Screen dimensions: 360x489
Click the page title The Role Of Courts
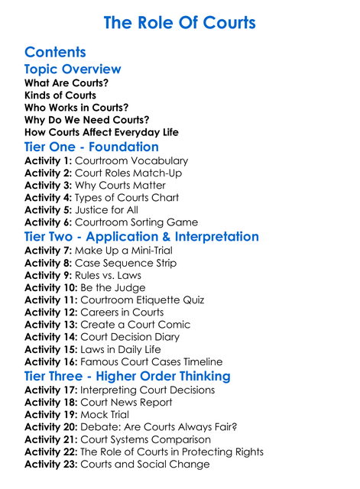(x=180, y=22)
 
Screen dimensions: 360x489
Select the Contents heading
(x=55, y=52)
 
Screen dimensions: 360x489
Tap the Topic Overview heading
(x=73, y=69)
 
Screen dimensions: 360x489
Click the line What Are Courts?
(x=66, y=83)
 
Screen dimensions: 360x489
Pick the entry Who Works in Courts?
(x=76, y=108)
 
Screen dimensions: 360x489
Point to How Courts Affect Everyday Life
(x=102, y=132)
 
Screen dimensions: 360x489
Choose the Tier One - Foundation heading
(x=92, y=147)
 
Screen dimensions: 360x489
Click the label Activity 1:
(x=48, y=161)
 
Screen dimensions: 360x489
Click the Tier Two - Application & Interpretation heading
(x=141, y=237)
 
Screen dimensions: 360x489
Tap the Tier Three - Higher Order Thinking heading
(x=127, y=376)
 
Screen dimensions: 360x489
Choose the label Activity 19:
(x=51, y=415)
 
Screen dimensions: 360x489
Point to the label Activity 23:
(x=51, y=464)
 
